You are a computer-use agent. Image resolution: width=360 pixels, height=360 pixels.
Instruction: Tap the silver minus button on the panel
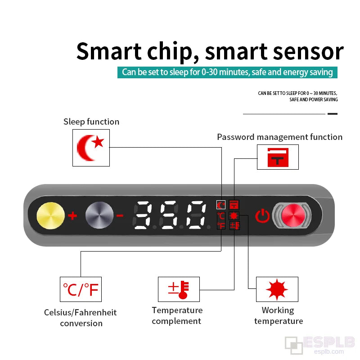[x=98, y=215]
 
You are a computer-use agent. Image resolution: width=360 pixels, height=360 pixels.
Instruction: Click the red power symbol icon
[x=262, y=216]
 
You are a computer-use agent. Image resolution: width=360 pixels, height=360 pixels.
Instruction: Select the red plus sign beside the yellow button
[x=72, y=216]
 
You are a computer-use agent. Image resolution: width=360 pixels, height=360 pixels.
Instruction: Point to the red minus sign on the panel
[x=120, y=216]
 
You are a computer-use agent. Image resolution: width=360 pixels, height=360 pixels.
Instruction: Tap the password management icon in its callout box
[x=278, y=157]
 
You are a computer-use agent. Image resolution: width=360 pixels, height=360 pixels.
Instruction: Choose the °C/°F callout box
[x=81, y=289]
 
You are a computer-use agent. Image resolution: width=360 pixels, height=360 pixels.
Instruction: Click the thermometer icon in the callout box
[x=179, y=289]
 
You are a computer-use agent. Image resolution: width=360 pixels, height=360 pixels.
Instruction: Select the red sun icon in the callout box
[x=277, y=289]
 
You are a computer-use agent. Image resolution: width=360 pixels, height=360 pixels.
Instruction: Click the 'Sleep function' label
[x=91, y=121]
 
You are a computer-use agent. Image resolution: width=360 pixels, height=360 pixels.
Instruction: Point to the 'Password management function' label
[x=279, y=137]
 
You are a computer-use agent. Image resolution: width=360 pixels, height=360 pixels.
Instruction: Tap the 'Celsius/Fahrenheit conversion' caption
[x=81, y=318]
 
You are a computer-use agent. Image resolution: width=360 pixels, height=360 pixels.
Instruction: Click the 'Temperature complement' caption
[x=177, y=315]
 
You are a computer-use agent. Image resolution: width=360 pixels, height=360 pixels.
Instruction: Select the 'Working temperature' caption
[x=279, y=315]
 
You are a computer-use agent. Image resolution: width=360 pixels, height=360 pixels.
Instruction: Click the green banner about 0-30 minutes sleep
[x=227, y=72]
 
